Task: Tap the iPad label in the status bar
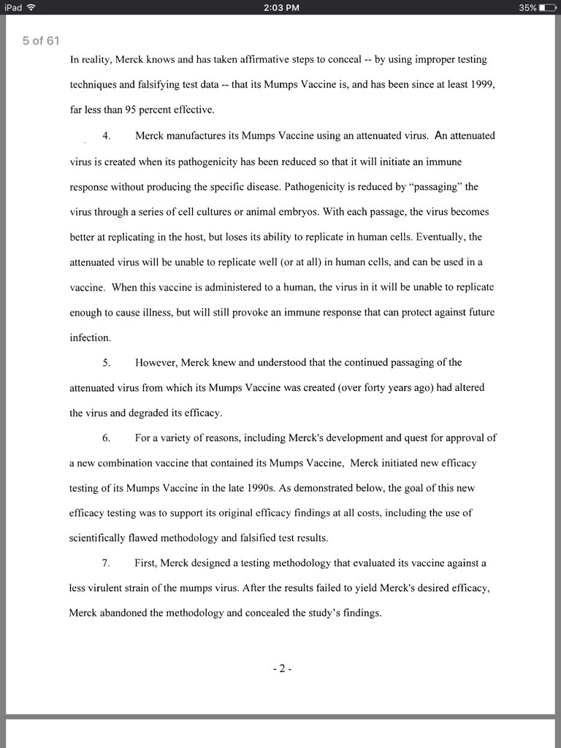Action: point(12,7)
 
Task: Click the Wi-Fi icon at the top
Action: point(31,7)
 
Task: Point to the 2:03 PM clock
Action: point(280,7)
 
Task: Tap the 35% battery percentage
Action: point(527,7)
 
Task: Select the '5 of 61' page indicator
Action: point(40,41)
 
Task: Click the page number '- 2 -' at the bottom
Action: point(281,668)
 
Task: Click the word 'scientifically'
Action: point(102,538)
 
